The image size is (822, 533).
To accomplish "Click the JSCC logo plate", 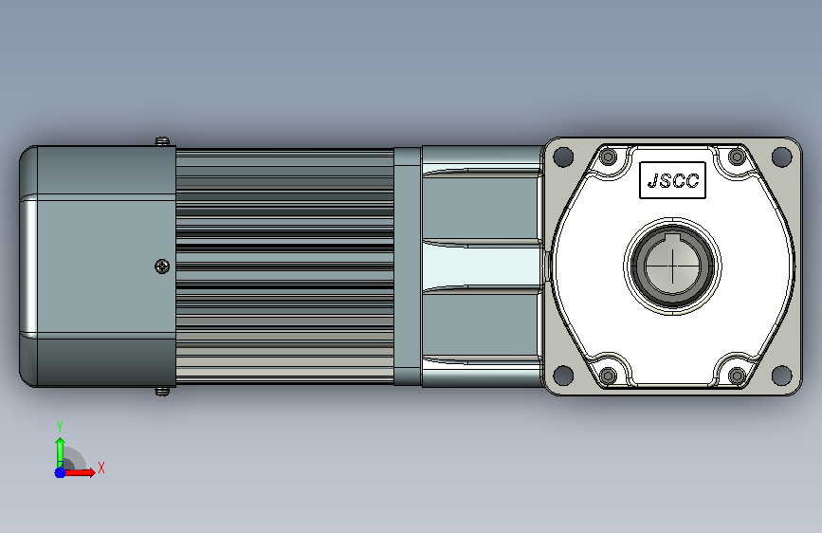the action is pos(672,180).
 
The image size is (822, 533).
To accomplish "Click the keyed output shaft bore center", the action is pos(672,266).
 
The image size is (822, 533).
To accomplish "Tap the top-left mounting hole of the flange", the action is pos(563,156).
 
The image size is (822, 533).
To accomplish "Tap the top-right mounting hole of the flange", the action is pos(781,156).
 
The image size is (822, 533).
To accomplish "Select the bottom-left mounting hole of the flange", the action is pos(563,375).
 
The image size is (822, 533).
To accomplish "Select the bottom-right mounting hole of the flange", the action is pos(781,375).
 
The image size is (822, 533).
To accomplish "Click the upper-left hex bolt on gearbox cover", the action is pos(608,156).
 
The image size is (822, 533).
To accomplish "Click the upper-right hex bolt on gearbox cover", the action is pos(737,156).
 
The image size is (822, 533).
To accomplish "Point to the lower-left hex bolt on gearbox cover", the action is pos(608,376).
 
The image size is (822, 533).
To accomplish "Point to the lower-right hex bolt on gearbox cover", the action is pos(737,376).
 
